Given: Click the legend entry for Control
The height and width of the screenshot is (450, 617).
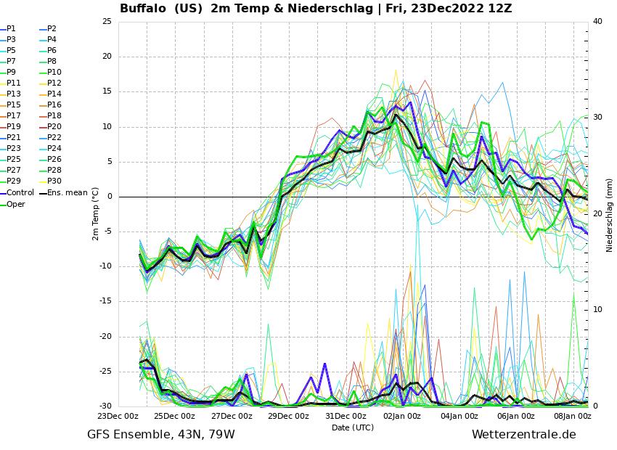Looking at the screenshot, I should pos(20,193).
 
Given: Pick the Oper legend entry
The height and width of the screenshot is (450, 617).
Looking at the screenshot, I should pos(16,205).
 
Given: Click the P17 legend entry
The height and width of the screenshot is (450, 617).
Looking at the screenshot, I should pos(14,116).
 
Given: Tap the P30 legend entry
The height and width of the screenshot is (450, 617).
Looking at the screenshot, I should pos(54,181).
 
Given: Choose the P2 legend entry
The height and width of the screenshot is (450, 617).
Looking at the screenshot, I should pos(52,29).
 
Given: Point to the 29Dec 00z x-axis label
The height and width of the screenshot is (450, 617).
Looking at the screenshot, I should pos(289,416).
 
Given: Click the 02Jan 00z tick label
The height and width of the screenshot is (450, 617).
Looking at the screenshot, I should pos(402,416).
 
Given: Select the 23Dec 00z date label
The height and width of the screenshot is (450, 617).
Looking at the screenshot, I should pos(118,416).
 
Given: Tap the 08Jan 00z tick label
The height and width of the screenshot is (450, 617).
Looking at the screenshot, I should pos(573,416).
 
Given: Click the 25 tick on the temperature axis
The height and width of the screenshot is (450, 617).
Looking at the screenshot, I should pos(107,22).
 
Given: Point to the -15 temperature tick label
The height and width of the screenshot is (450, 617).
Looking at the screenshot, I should pos(105,302).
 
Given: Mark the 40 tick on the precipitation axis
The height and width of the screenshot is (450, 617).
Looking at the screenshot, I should pos(597,22).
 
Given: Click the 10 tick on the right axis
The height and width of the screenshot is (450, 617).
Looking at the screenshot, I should pos(597,310).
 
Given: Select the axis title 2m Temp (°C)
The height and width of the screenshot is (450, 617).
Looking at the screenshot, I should pos(96,213).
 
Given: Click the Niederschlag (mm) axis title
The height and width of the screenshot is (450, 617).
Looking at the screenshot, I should pos(610,215).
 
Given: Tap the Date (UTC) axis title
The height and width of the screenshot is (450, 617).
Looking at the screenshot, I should pos(353,427).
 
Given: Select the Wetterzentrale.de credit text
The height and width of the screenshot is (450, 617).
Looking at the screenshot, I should pos(523,435).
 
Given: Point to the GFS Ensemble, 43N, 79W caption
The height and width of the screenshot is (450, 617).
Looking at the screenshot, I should pos(161,435).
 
